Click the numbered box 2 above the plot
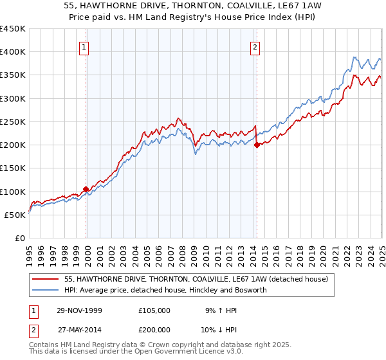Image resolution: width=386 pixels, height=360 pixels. tap(255, 46)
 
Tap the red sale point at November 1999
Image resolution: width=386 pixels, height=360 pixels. tap(86, 189)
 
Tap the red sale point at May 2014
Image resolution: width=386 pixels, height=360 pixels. tap(257, 145)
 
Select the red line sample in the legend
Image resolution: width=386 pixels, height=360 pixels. tap(46, 279)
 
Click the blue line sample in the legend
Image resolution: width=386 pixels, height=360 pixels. tap(46, 290)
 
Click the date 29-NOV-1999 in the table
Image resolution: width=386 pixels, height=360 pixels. tap(78, 310)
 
